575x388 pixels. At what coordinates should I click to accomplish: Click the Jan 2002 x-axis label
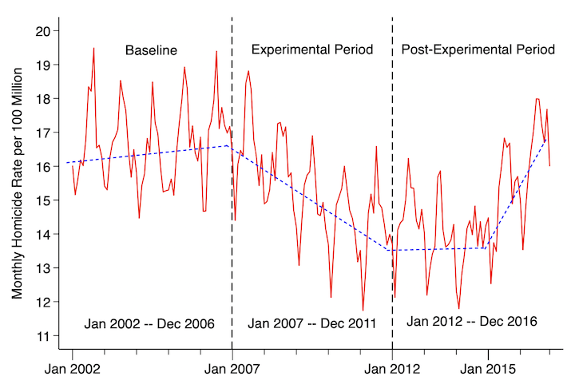point(72,370)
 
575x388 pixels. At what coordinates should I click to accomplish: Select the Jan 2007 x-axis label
point(232,370)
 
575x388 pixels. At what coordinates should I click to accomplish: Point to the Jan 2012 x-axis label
point(393,370)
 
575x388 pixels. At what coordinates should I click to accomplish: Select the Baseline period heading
point(151,50)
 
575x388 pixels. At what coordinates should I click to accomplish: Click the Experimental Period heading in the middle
point(312,50)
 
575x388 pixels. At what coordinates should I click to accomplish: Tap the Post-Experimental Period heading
point(478,50)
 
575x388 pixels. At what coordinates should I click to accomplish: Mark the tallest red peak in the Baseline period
point(93,48)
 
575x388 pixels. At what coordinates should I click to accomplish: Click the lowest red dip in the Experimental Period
point(363,310)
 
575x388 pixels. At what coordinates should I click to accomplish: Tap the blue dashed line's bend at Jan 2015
point(486,247)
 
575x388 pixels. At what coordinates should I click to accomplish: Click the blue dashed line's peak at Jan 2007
point(229,145)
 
